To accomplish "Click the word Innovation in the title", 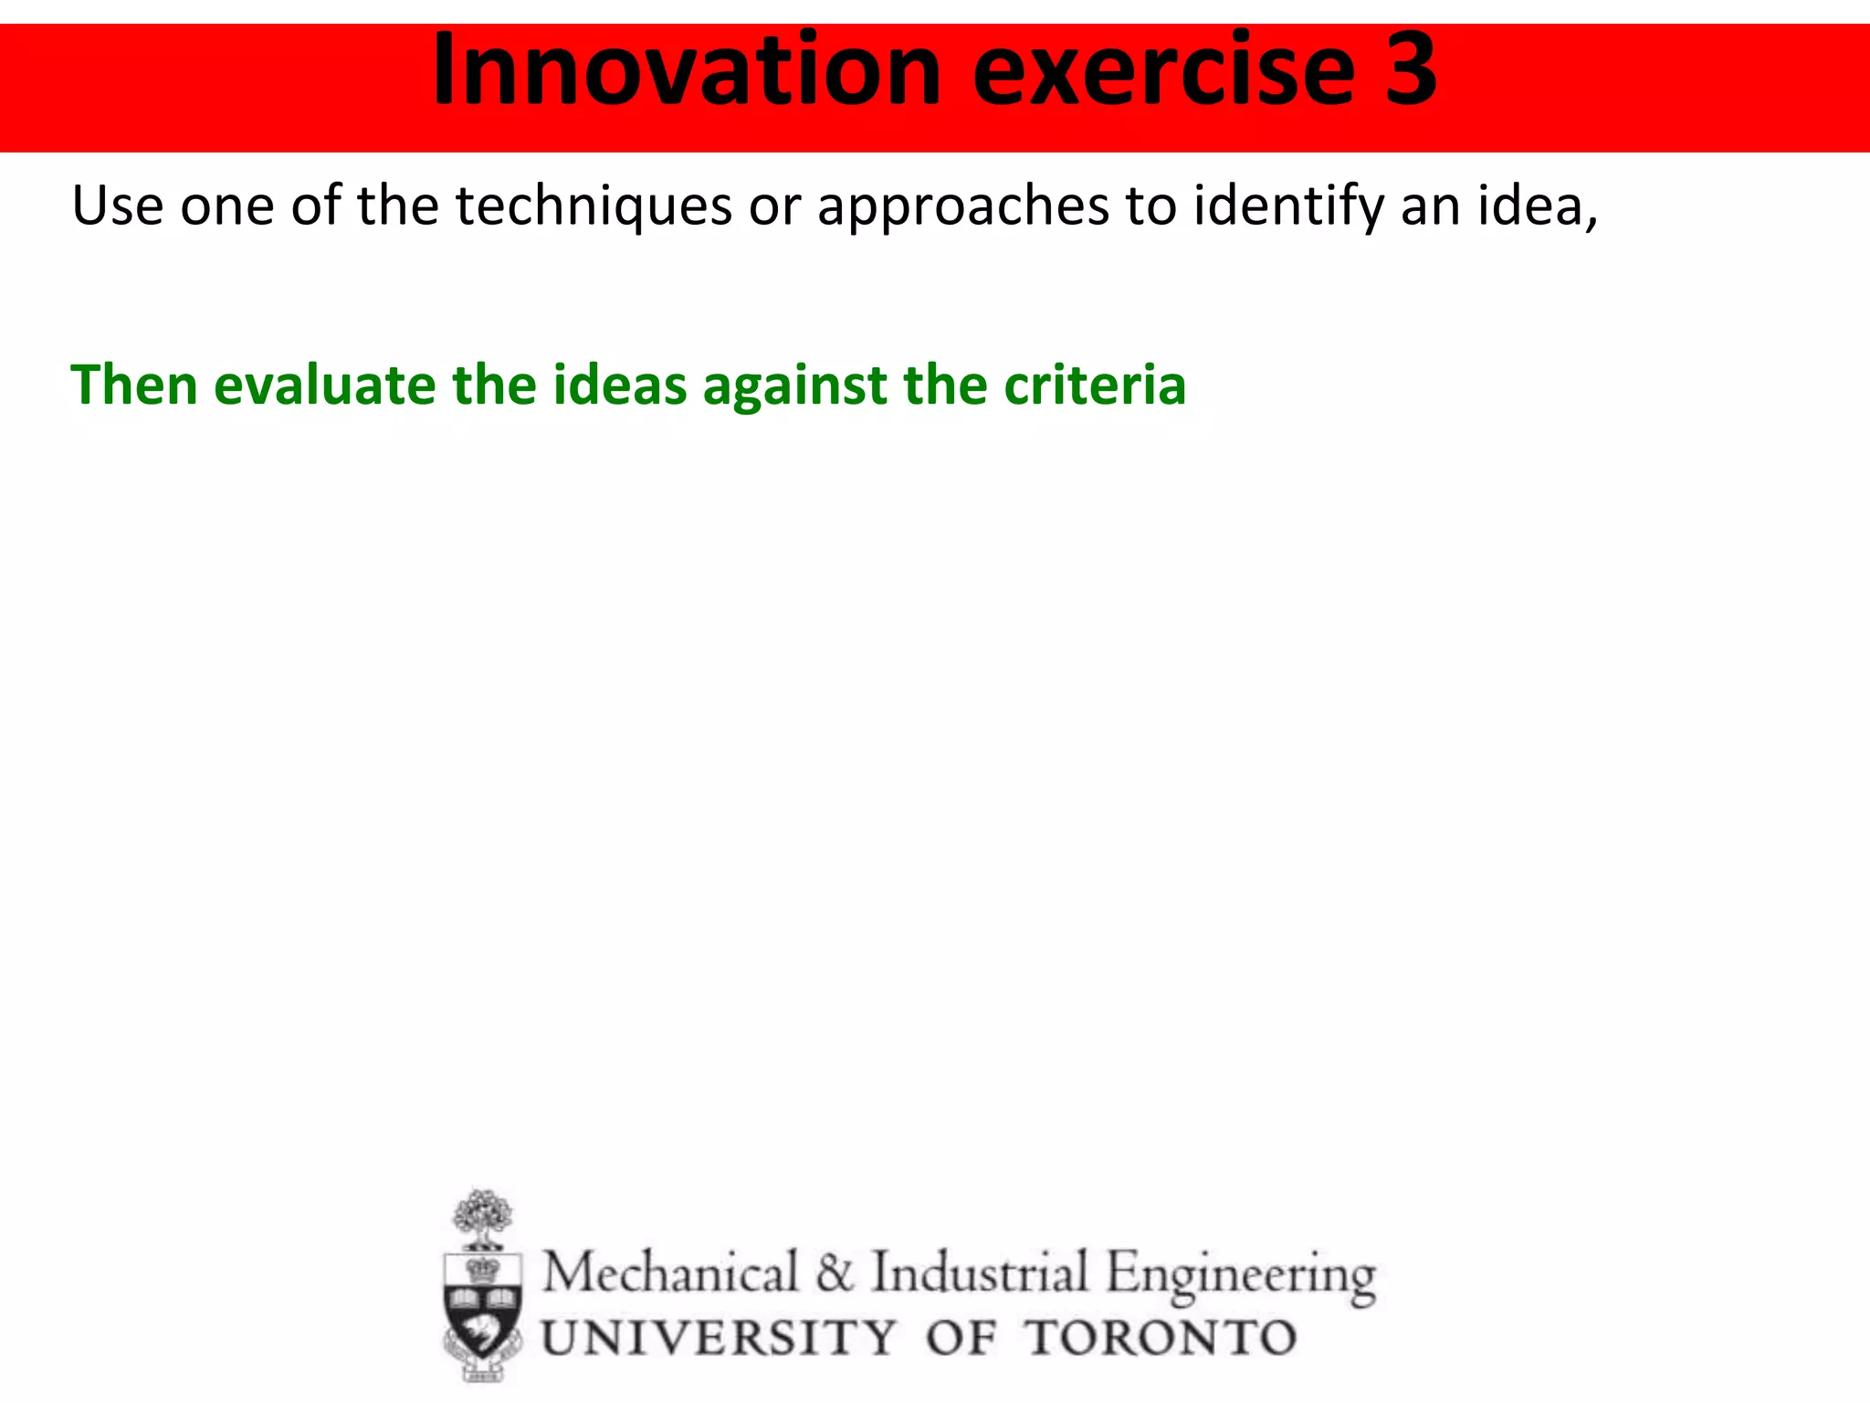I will [x=686, y=71].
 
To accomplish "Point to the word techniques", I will [x=594, y=207].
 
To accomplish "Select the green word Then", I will [x=134, y=385].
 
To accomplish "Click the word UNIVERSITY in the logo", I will [x=719, y=1338].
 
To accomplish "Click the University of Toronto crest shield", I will [x=483, y=1307].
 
